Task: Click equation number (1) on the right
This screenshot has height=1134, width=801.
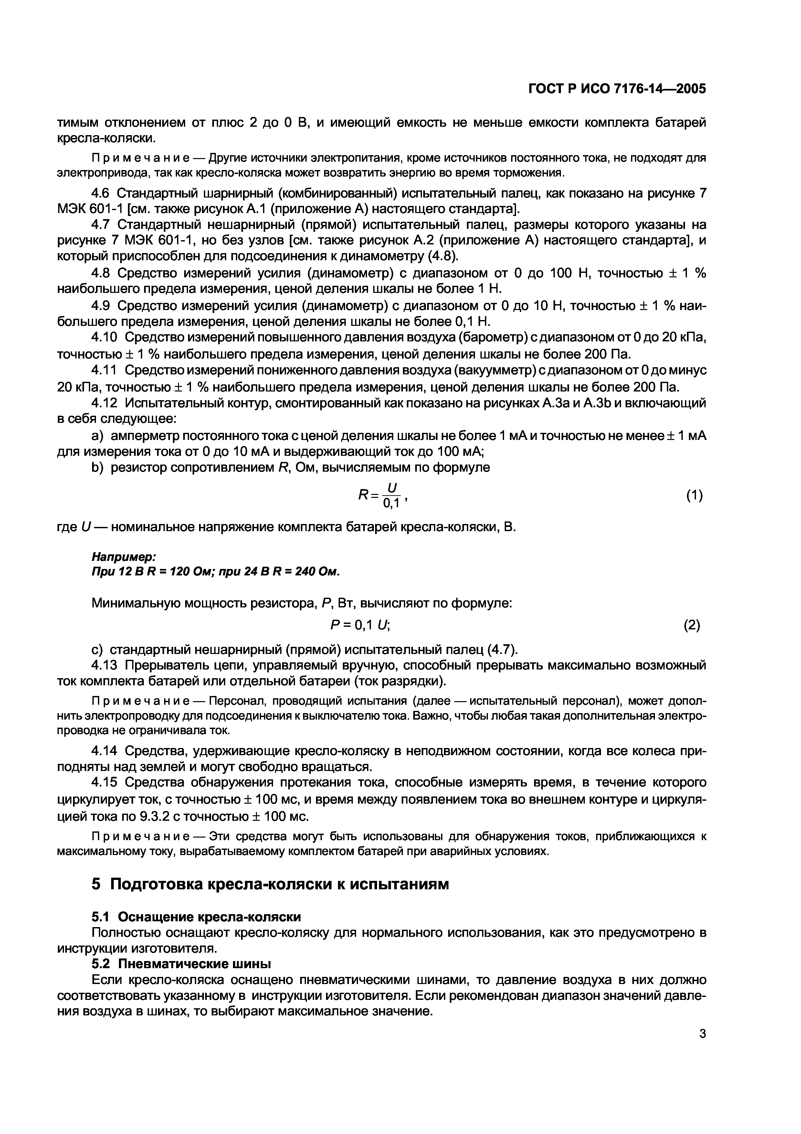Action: (694, 495)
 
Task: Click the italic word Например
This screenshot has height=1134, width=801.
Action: (123, 557)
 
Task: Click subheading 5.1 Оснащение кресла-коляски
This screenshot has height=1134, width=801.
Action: (196, 917)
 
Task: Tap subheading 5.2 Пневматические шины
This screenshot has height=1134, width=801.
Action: (181, 964)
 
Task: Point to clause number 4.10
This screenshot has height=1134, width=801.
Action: (105, 338)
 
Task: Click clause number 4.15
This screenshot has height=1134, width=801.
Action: (105, 782)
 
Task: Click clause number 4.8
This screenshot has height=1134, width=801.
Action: (101, 273)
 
